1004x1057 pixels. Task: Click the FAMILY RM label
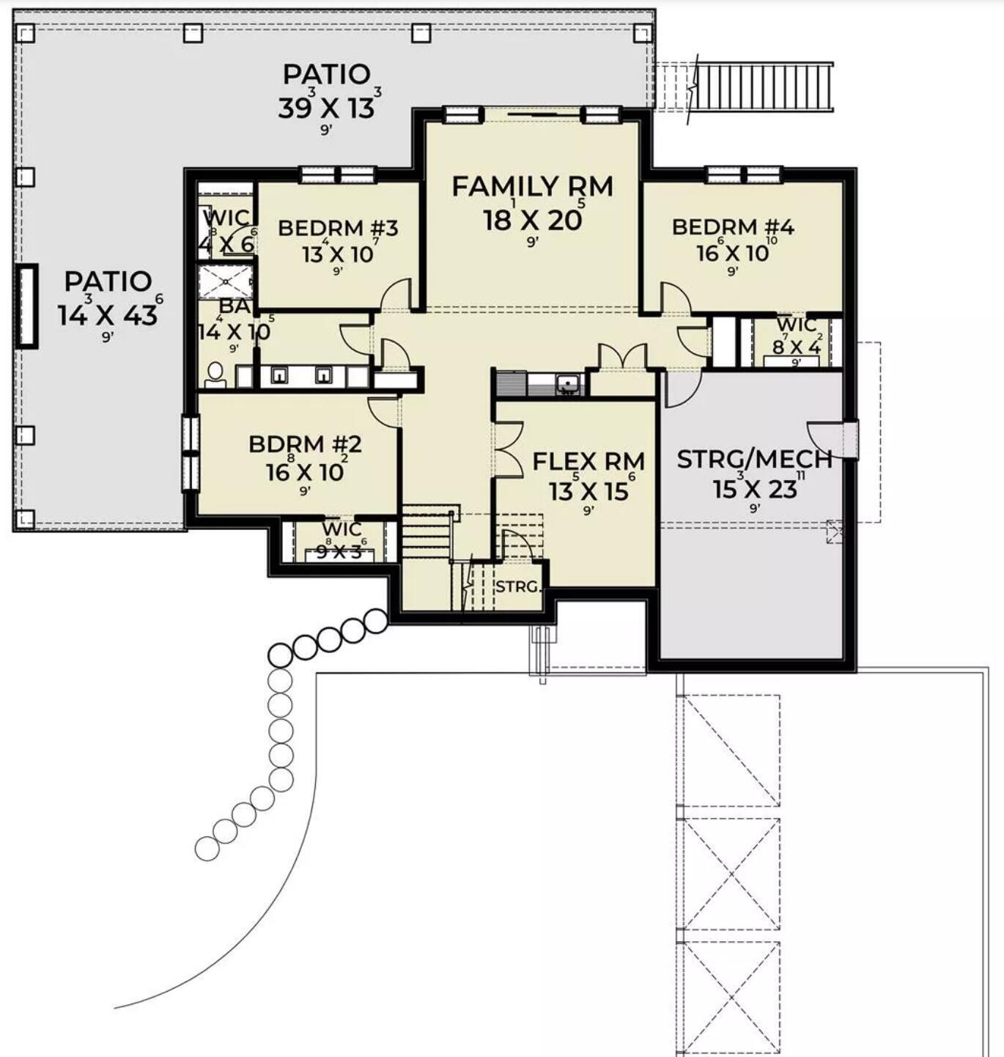click(x=532, y=187)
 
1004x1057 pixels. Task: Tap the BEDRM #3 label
click(x=338, y=228)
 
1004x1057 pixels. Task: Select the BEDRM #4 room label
click(x=733, y=226)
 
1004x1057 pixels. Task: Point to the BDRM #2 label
click(x=305, y=445)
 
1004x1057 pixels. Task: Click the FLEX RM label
click(x=588, y=462)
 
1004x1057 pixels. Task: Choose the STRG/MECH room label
click(x=755, y=460)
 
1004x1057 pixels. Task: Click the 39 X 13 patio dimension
click(x=326, y=108)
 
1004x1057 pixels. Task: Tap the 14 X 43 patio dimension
click(x=108, y=315)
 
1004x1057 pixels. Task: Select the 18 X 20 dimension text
click(x=532, y=219)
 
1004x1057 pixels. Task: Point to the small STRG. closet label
click(x=517, y=587)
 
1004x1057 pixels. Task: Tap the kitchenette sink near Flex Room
click(x=566, y=383)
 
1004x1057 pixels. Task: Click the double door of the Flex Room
click(x=509, y=449)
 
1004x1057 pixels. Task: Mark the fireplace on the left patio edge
click(x=27, y=305)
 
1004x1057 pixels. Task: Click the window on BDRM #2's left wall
click(x=191, y=453)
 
